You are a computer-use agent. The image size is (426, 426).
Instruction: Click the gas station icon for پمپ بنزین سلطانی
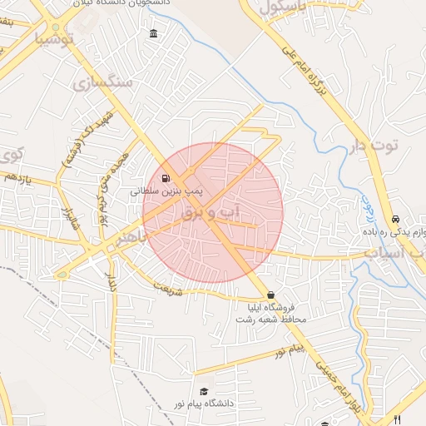pyautogui.click(x=166, y=178)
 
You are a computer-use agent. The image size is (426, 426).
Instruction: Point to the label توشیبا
pyautogui.click(x=56, y=38)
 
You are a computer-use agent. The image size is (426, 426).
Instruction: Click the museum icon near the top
pyautogui.click(x=153, y=34)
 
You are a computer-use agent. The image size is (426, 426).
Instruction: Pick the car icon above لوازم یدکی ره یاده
pyautogui.click(x=395, y=218)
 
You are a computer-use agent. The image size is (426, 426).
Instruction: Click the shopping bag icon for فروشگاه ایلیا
pyautogui.click(x=270, y=295)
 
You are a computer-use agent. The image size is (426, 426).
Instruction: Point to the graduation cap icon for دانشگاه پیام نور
pyautogui.click(x=204, y=391)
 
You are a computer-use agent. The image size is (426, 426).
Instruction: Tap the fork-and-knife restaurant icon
pyautogui.click(x=398, y=419)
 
